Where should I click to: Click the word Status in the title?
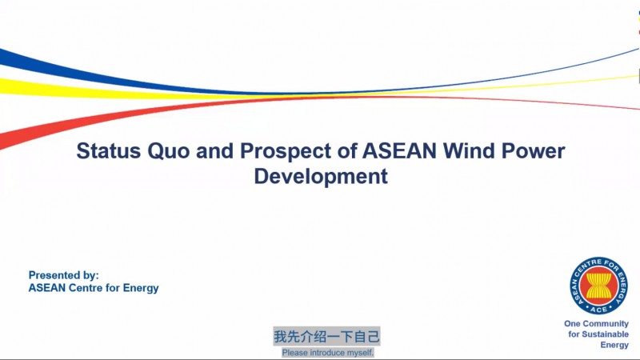[x=109, y=150]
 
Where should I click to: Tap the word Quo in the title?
[x=169, y=151]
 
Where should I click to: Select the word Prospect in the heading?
[x=286, y=151]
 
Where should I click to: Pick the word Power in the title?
[x=533, y=150]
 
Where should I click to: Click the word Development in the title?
[x=321, y=177]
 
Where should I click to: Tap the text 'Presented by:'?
[x=64, y=275]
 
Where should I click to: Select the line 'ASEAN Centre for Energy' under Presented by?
[x=94, y=288]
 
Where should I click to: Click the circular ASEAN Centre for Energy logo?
[x=598, y=286]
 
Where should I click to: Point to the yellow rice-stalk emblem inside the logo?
[x=598, y=286]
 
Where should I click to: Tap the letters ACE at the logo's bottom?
[x=598, y=310]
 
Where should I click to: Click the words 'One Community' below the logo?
[x=596, y=324]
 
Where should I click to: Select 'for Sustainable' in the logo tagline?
[x=598, y=334]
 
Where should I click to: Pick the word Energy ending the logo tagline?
[x=614, y=345]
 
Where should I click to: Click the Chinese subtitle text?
[x=326, y=336]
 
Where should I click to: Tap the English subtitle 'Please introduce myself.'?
[x=328, y=353]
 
